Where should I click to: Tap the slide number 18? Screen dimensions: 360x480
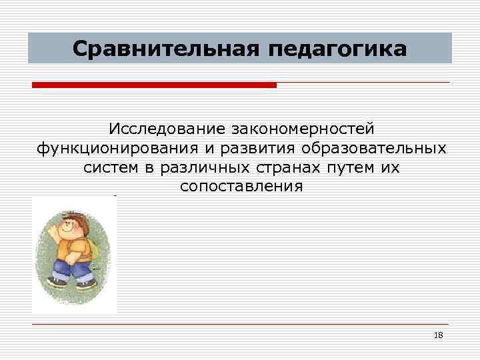pos(438,335)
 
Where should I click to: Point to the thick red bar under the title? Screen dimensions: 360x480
pos(154,85)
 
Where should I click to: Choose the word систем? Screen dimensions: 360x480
pos(111,167)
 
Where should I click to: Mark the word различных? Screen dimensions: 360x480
pos(199,167)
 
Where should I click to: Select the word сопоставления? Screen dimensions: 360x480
pos(241,187)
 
